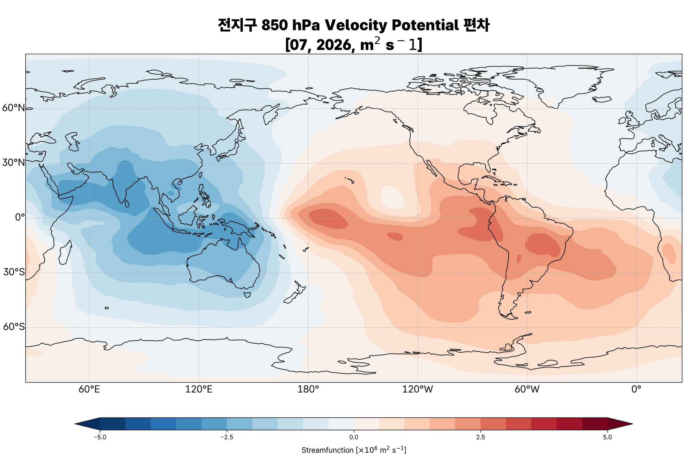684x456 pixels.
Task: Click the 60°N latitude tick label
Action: tap(14, 108)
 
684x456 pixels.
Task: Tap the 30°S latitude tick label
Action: tap(14, 272)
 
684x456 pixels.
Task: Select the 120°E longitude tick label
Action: tap(199, 390)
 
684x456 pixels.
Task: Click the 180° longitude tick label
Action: tap(308, 390)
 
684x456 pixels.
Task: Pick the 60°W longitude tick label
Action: tap(527, 390)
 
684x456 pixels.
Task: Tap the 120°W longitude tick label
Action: tap(417, 390)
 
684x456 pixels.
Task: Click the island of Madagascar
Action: tap(65, 253)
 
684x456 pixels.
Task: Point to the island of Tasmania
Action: tap(247, 295)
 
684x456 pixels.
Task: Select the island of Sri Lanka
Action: tap(127, 203)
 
